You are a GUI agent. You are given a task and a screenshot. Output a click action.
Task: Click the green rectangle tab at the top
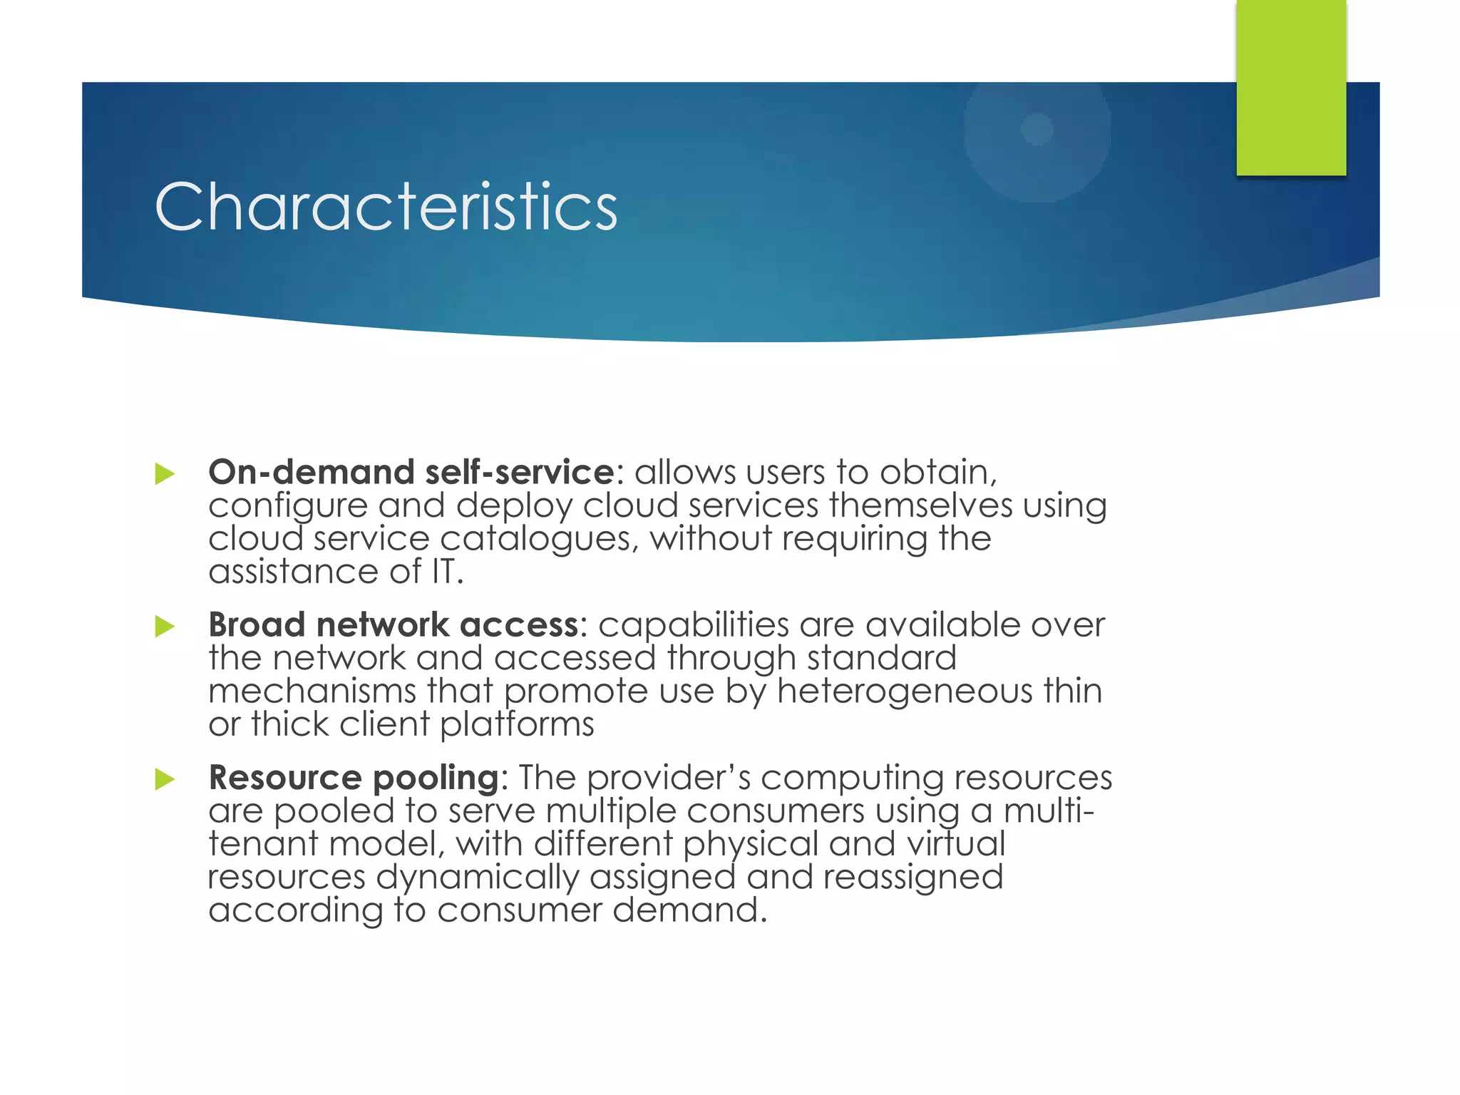(x=1291, y=87)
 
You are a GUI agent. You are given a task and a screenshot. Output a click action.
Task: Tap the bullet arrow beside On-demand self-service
(x=165, y=474)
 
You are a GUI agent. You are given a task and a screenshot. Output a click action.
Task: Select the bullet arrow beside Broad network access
(x=165, y=627)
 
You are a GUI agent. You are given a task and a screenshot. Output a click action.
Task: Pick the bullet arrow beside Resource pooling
(x=165, y=779)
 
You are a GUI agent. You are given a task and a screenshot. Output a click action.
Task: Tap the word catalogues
(x=535, y=538)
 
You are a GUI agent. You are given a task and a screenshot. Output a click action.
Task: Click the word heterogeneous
(x=905, y=691)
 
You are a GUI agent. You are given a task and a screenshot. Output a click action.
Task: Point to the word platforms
(x=517, y=724)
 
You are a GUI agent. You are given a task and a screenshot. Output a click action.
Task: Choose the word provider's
(x=669, y=777)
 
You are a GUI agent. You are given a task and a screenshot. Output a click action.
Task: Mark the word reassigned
(x=913, y=877)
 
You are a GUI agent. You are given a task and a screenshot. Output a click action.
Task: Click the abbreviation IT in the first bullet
(x=443, y=572)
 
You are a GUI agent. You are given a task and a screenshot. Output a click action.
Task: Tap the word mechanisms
(x=312, y=691)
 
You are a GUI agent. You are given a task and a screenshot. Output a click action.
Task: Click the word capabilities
(x=694, y=624)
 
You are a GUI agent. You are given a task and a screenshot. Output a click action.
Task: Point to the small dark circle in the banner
(x=1037, y=129)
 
